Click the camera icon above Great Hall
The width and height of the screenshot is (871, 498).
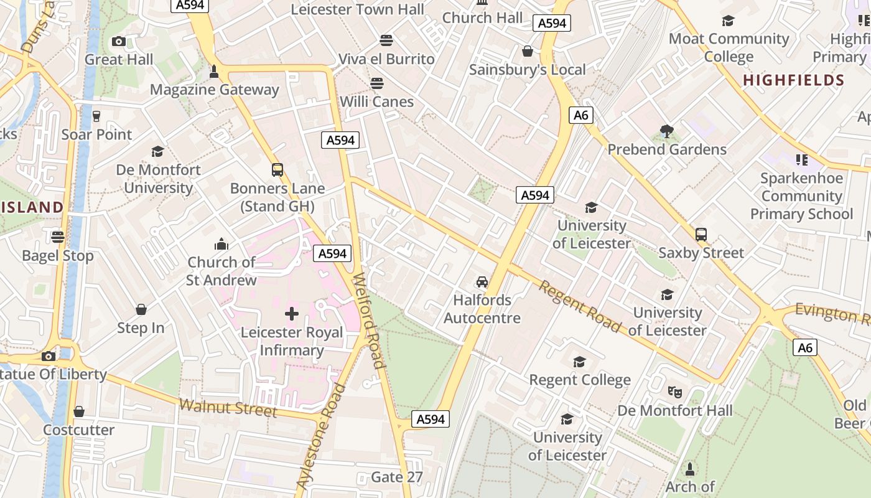tap(118, 42)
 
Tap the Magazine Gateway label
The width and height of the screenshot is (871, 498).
tap(215, 90)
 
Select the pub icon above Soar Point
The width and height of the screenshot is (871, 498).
tap(96, 116)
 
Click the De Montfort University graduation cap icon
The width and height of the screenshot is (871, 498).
tap(157, 151)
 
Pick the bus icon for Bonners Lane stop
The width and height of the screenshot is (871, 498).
tap(277, 170)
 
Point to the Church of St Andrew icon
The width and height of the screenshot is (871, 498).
tap(221, 244)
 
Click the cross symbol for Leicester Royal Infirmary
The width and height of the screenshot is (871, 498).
tap(291, 314)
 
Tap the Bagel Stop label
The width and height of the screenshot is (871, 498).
tap(58, 256)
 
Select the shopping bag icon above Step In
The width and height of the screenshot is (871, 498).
tap(141, 309)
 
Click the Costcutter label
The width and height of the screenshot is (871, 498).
tap(78, 430)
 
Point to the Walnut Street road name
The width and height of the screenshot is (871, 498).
tap(228, 408)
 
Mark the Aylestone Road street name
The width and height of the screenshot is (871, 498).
tap(321, 436)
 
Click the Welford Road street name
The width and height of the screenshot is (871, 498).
tap(368, 320)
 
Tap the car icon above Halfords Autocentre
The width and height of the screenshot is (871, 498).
tap(482, 281)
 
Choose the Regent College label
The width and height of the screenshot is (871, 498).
tap(580, 380)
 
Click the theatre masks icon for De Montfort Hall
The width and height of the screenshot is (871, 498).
tap(674, 392)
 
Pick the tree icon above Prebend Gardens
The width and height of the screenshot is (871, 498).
tap(667, 131)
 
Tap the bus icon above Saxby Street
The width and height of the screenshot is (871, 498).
tap(701, 235)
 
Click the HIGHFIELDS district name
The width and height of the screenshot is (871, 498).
tap(793, 80)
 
